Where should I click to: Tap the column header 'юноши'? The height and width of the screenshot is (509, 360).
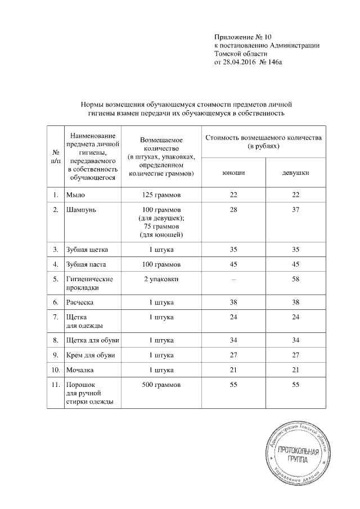(x=233, y=173)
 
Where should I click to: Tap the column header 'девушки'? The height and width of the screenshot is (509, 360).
(x=295, y=173)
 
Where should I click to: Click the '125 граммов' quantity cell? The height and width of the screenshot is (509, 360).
(x=161, y=195)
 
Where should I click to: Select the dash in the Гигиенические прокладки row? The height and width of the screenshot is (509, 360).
(x=233, y=280)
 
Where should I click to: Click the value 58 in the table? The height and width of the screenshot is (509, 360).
(x=295, y=280)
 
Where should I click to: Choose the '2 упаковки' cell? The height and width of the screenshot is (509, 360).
(x=161, y=280)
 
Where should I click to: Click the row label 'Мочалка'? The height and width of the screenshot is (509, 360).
(x=80, y=371)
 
